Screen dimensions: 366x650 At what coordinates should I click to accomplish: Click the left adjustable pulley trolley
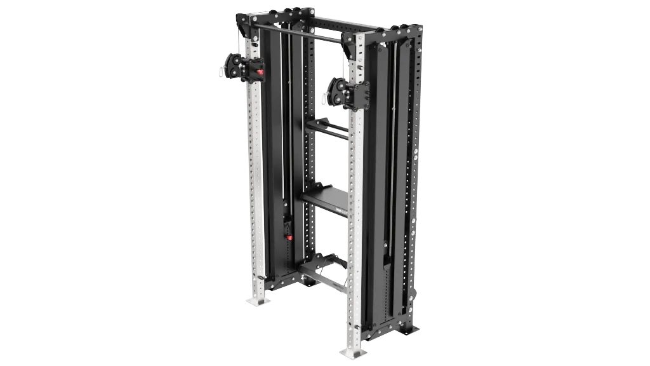click(244, 67)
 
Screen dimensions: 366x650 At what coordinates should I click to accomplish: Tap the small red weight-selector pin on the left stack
click(288, 238)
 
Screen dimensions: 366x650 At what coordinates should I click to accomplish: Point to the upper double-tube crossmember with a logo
click(329, 130)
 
